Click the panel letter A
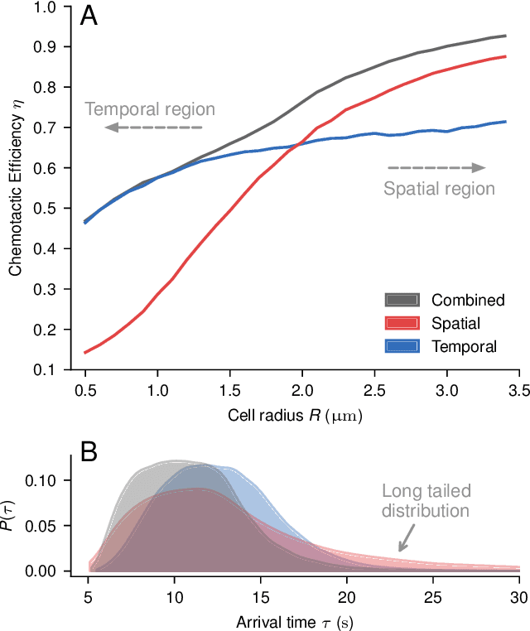tap(89, 17)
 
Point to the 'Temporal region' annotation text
tap(150, 108)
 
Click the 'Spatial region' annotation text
tap(439, 189)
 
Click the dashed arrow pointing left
tap(153, 128)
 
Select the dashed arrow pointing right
tap(436, 168)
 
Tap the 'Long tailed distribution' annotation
tap(426, 500)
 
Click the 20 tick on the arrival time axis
tap(347, 596)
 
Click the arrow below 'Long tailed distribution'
tap(406, 540)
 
